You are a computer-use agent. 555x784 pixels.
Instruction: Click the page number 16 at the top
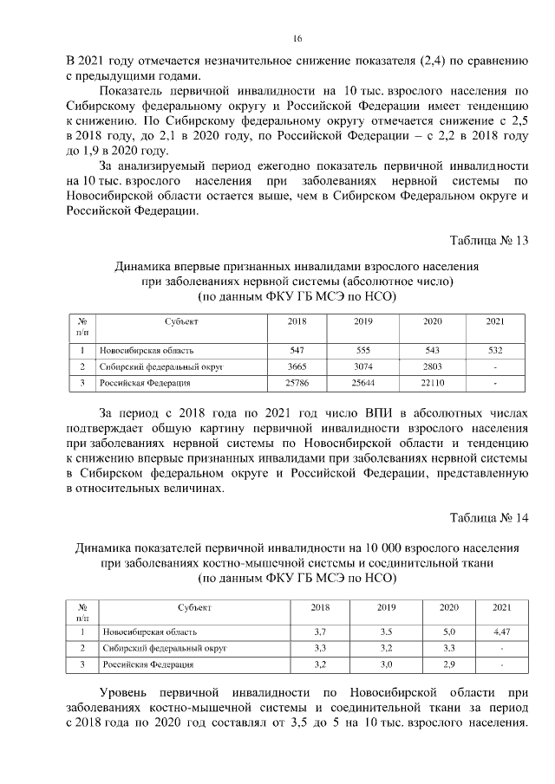297,39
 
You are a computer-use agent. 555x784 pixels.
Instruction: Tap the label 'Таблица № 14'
488,518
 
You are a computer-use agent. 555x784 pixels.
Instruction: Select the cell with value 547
297,351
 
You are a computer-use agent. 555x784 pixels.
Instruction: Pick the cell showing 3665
297,366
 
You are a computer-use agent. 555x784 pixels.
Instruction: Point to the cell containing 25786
297,382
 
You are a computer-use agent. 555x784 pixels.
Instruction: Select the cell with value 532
494,351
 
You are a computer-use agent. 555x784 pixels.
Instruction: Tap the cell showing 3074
363,366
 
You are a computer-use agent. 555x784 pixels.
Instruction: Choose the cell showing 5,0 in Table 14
448,632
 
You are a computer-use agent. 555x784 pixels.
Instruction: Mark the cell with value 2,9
448,664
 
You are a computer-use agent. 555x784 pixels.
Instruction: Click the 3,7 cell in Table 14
320,632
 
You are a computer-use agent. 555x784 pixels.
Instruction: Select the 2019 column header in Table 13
363,321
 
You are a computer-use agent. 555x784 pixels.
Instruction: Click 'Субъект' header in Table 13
182,321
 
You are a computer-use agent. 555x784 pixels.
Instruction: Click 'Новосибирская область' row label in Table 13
145,351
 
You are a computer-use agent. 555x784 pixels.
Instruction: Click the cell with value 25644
363,382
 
